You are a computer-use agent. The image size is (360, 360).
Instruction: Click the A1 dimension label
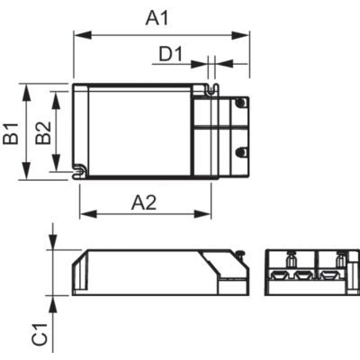pyautogui.click(x=157, y=19)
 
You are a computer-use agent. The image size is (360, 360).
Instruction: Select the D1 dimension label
pyautogui.click(x=170, y=55)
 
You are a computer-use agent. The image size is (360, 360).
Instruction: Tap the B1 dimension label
pyautogui.click(x=12, y=133)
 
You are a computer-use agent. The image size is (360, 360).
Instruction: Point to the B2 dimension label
pyautogui.click(x=43, y=133)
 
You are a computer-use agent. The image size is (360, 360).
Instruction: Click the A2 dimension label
pyautogui.click(x=144, y=202)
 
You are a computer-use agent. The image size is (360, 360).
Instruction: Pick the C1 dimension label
pyautogui.click(x=40, y=334)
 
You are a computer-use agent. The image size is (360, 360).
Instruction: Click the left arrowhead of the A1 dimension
pyautogui.click(x=83, y=35)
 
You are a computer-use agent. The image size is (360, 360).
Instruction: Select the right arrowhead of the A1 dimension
pyautogui.click(x=240, y=35)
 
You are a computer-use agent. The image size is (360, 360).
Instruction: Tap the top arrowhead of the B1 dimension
pyautogui.click(x=27, y=93)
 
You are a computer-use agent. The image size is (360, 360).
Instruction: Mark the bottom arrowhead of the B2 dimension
pyautogui.click(x=56, y=162)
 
